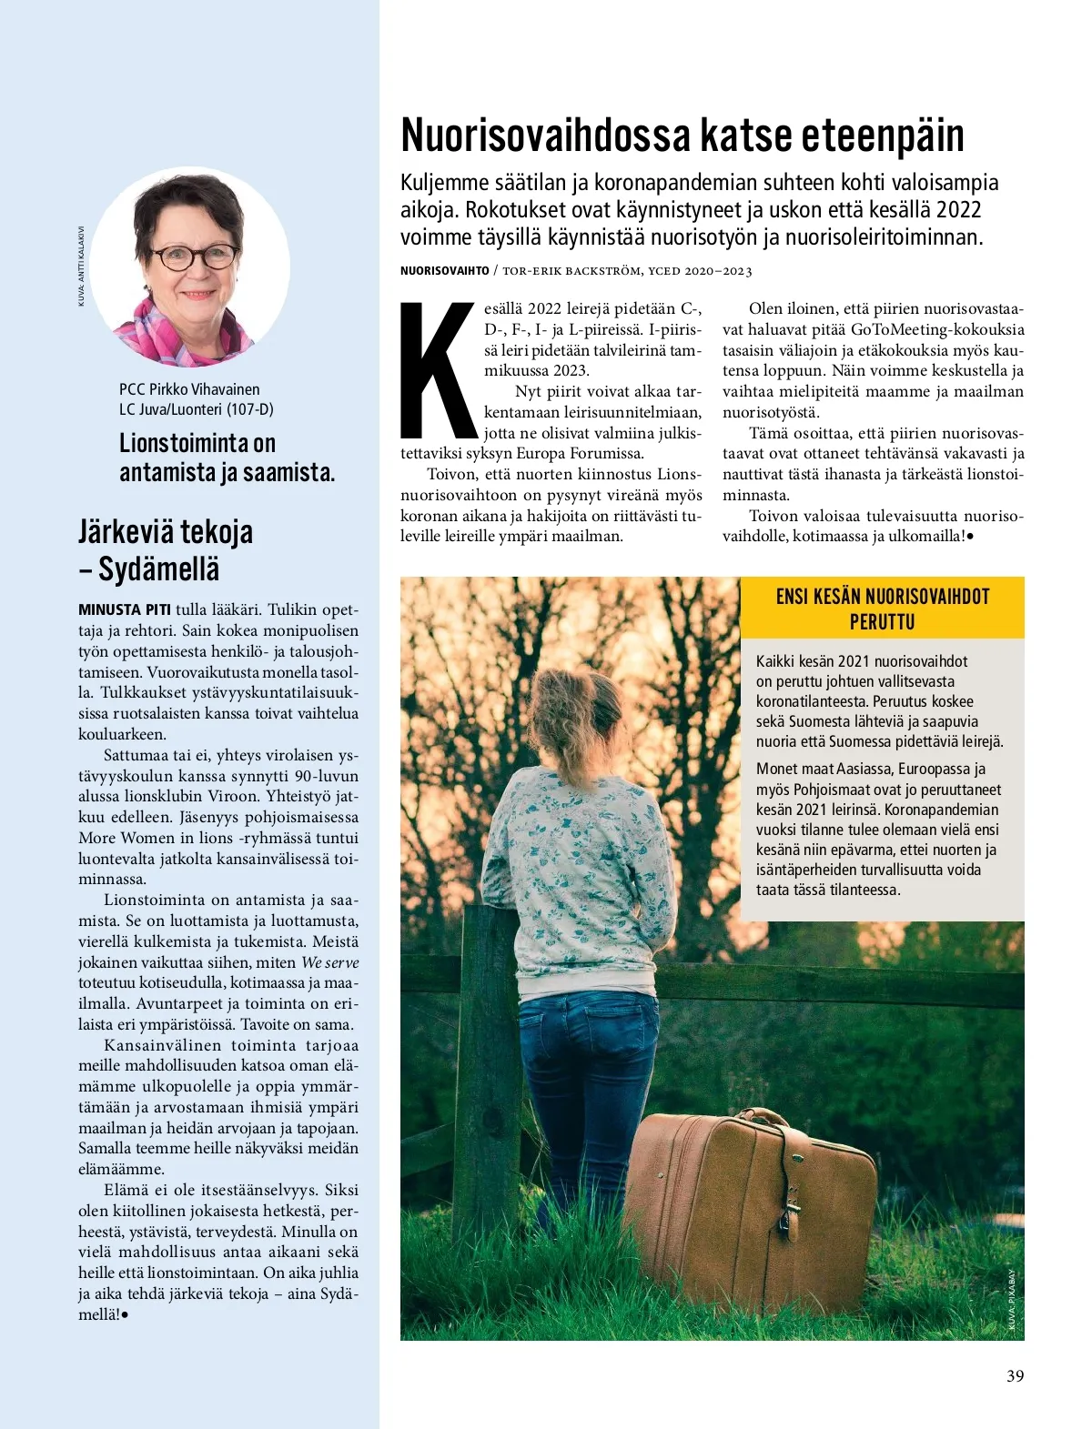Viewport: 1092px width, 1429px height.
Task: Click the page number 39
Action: [1015, 1375]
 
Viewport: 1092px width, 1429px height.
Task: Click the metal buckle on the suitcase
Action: [790, 1201]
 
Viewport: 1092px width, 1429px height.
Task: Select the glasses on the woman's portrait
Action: [195, 256]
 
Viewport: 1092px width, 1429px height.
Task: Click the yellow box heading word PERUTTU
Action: [882, 622]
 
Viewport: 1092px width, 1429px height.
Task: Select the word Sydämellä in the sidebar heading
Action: [158, 569]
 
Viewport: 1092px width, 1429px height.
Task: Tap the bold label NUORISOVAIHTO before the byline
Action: [444, 271]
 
